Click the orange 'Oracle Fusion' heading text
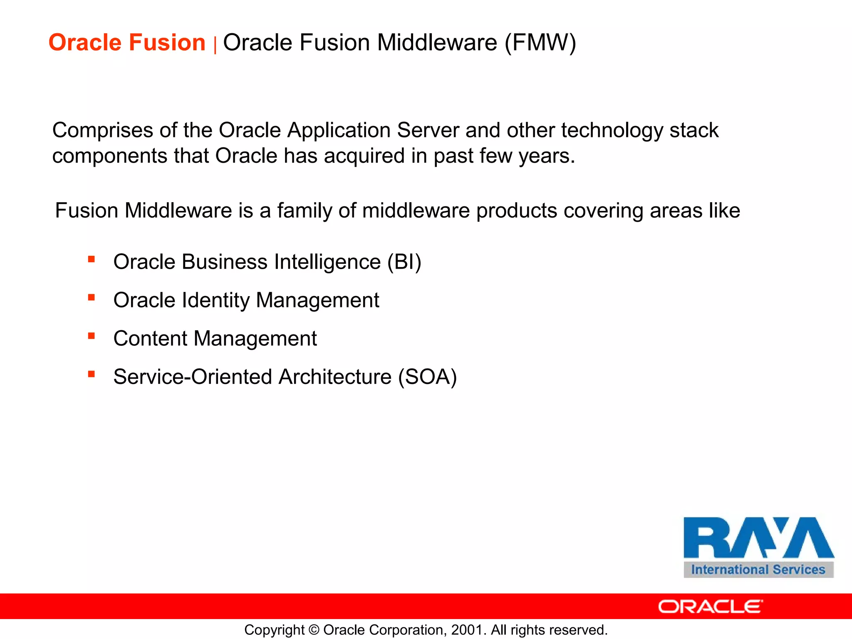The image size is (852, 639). [127, 42]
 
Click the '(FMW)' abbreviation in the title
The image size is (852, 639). [540, 43]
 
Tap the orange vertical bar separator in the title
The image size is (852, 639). [215, 45]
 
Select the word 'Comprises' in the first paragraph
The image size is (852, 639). [102, 131]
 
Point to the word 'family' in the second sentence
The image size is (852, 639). [305, 211]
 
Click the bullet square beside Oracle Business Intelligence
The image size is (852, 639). [92, 260]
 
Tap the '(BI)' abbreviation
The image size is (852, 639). [404, 262]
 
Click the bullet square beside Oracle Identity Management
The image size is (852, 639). [92, 297]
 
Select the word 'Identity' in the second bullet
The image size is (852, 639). [216, 300]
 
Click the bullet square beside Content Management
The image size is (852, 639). [92, 336]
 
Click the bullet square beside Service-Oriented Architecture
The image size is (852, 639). [92, 374]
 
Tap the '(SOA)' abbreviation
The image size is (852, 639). [427, 377]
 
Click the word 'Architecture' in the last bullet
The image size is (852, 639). [335, 377]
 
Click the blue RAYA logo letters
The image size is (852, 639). [758, 537]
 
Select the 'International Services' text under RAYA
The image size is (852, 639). [758, 570]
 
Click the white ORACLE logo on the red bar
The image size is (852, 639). [710, 607]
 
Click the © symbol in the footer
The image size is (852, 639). [314, 630]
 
